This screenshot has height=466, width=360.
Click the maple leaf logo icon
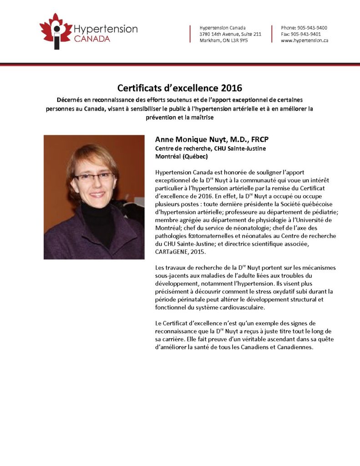pos(56,30)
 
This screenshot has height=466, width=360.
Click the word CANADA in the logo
pos(91,39)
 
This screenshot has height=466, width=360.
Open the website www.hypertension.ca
pos(304,41)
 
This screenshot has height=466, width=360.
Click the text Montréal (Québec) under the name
pos(182,156)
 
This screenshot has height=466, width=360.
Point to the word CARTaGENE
pos(173,252)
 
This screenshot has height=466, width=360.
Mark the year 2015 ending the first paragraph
pos(200,252)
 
